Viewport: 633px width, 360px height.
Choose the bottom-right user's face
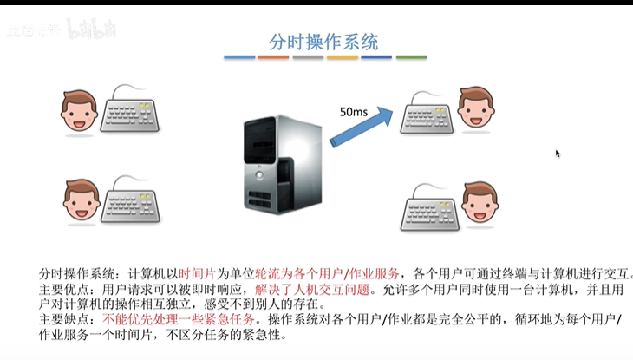pos(480,203)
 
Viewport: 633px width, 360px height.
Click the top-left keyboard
pos(132,112)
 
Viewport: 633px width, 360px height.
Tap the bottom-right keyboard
pos(431,208)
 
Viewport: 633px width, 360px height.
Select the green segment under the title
pos(411,58)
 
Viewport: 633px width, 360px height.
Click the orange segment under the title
pos(272,58)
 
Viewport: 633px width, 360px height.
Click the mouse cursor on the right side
pos(558,154)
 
